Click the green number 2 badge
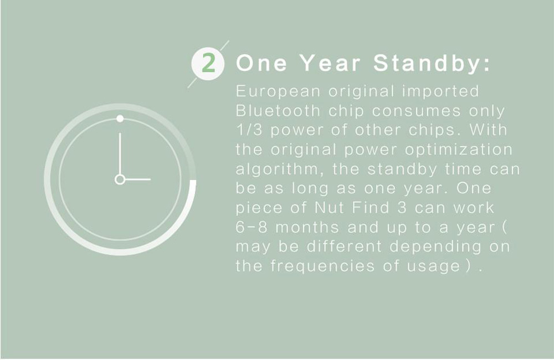pos(208,64)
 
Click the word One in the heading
pos(261,63)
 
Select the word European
pos(278,92)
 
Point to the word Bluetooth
pos(278,111)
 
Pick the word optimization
pos(459,150)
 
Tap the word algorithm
pos(279,169)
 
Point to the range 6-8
pos(252,227)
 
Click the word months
pos(307,227)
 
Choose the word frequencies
pos(322,266)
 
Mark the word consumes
pos(417,111)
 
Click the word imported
pos(440,92)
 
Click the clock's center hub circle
pos(120,179)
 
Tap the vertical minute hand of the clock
pos(120,153)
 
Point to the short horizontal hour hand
pos(138,179)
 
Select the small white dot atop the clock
pos(120,119)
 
